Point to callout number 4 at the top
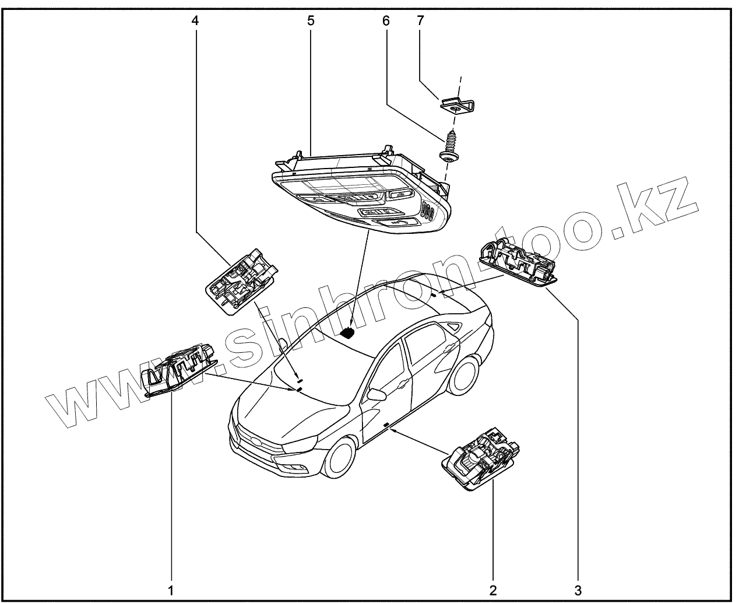[x=195, y=21]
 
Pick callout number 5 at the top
[x=311, y=21]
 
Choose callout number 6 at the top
[x=385, y=21]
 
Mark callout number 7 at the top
[x=421, y=21]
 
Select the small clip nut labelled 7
[x=458, y=106]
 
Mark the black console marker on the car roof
[x=348, y=333]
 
